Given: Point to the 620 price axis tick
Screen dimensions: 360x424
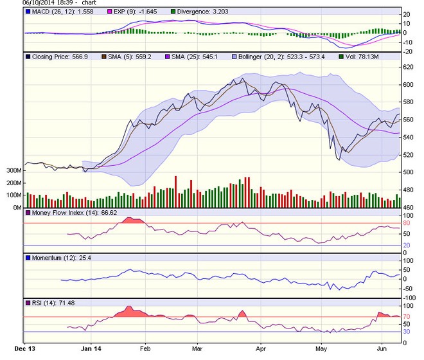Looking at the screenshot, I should [408, 67].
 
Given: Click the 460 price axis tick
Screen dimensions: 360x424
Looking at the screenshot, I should [408, 208].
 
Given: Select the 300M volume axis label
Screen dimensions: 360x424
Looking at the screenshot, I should [12, 171].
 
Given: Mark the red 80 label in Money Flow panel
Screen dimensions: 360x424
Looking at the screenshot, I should [406, 223].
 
